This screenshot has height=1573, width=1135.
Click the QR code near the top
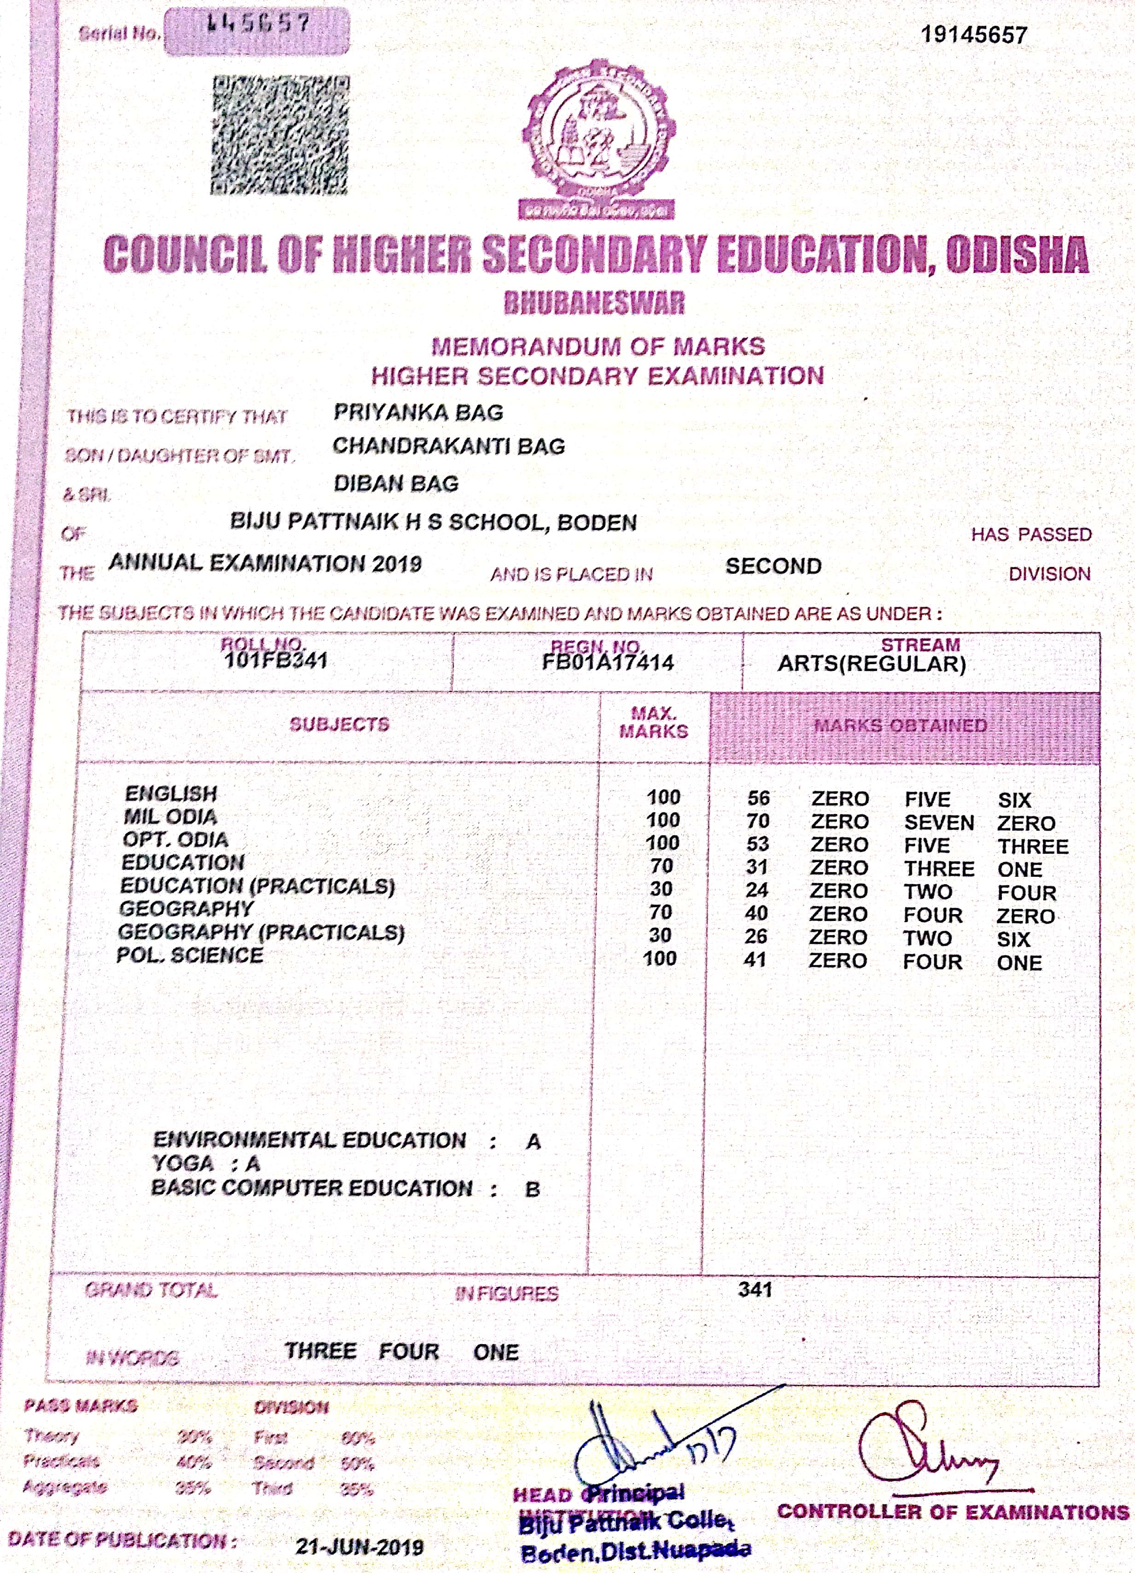click(280, 135)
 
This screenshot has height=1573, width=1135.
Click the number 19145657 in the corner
click(973, 35)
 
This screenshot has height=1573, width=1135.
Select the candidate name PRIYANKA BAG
click(418, 412)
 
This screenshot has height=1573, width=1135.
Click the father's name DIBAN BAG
click(396, 484)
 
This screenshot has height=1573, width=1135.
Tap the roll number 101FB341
click(275, 660)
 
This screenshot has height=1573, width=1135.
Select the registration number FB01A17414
click(608, 662)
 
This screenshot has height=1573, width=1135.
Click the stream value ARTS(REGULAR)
click(872, 664)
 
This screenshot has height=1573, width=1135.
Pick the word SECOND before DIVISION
click(773, 566)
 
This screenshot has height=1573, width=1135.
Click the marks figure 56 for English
click(758, 798)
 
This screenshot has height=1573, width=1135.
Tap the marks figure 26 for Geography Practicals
click(756, 936)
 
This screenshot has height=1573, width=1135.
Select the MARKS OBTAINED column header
click(900, 725)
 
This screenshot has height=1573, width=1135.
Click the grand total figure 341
click(755, 1289)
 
